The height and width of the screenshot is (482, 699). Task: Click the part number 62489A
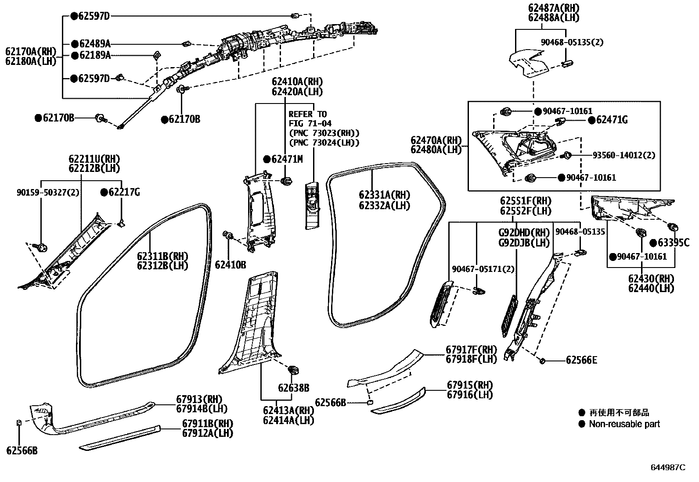[95, 44]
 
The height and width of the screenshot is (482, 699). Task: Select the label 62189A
[95, 55]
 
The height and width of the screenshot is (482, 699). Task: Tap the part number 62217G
[124, 192]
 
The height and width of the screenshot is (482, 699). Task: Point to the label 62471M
[287, 159]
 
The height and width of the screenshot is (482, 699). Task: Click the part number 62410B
[230, 265]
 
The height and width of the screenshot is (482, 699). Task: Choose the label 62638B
[293, 388]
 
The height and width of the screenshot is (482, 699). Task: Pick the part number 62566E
[581, 361]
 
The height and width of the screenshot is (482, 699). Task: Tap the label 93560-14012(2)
[623, 155]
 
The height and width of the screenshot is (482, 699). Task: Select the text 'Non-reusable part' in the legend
[624, 424]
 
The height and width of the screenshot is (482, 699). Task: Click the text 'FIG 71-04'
[310, 124]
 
